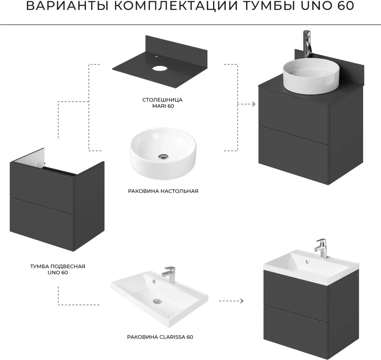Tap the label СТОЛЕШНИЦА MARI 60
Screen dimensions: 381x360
click(163, 103)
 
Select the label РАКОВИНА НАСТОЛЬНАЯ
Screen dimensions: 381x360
click(163, 191)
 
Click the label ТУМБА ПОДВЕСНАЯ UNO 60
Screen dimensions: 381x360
click(58, 269)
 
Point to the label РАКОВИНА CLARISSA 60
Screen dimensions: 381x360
click(160, 337)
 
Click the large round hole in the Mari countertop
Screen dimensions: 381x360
click(159, 68)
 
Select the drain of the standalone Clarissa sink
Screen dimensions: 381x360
click(157, 301)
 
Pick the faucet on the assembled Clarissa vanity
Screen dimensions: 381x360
click(321, 248)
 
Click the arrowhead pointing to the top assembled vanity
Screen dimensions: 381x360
click(254, 104)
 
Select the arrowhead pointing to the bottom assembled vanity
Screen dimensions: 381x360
click(241, 301)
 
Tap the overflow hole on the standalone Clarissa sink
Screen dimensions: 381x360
click(154, 281)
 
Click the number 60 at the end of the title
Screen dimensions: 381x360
click(345, 6)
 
